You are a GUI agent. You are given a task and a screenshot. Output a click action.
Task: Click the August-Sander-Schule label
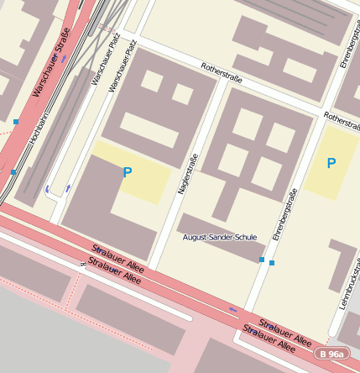click(x=220, y=238)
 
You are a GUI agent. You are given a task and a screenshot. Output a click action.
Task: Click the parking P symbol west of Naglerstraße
click(x=128, y=173)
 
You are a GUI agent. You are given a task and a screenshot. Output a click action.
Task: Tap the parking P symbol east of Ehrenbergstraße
click(x=331, y=163)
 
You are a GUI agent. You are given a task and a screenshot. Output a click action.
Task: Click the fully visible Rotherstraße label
click(x=222, y=74)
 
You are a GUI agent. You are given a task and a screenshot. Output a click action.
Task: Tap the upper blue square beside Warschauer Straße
click(x=16, y=123)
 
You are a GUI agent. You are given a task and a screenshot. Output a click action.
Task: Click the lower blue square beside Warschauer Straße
click(x=13, y=172)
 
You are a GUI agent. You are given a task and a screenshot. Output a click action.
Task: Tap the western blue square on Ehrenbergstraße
click(x=262, y=260)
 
